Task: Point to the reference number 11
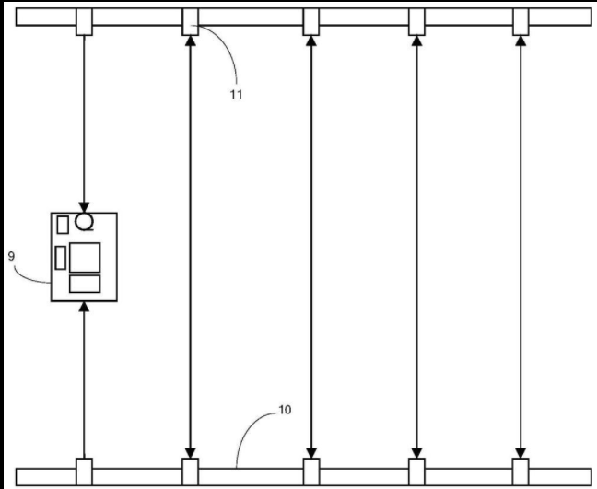pyautogui.click(x=237, y=94)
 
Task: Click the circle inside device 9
pyautogui.click(x=85, y=221)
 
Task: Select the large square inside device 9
pyautogui.click(x=85, y=257)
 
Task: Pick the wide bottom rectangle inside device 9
pyautogui.click(x=85, y=284)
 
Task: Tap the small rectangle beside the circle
pyautogui.click(x=63, y=224)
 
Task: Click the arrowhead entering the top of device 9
pyautogui.click(x=85, y=207)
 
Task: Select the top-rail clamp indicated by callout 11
pyautogui.click(x=190, y=21)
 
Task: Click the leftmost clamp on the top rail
pyautogui.click(x=85, y=21)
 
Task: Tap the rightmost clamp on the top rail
pyautogui.click(x=521, y=21)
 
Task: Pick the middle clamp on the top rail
pyautogui.click(x=311, y=21)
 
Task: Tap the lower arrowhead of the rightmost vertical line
pyautogui.click(x=521, y=451)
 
